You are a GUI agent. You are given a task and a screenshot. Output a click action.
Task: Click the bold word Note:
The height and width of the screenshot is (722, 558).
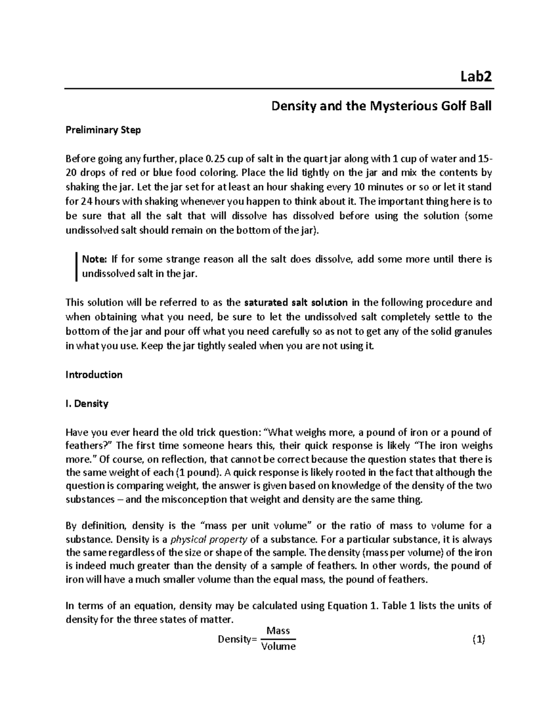point(94,259)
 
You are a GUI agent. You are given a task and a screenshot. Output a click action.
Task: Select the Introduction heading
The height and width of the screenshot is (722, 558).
point(94,375)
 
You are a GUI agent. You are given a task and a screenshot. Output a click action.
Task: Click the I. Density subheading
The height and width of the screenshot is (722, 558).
point(87,404)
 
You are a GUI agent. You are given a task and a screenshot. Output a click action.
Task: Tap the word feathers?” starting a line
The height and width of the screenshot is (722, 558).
point(89,445)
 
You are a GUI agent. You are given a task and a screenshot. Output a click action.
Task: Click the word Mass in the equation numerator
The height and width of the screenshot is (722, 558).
point(278,631)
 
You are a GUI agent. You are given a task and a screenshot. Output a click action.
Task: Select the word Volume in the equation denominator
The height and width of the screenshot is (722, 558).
point(278,647)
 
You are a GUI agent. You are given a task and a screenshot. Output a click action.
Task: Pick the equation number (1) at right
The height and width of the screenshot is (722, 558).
point(478,639)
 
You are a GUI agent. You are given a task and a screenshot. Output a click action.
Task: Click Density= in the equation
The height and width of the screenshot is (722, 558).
point(237,639)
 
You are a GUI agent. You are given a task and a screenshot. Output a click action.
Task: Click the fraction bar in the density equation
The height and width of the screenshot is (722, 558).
point(278,639)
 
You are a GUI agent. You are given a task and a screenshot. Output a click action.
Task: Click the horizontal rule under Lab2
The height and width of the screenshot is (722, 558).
point(279,88)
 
